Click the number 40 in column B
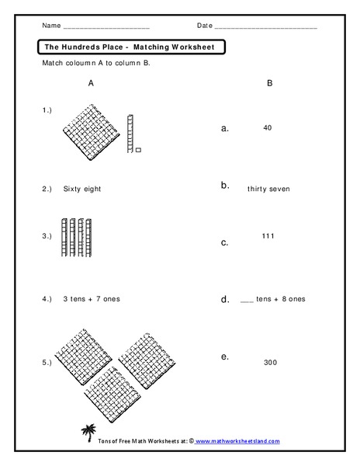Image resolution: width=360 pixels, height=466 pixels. point(267,127)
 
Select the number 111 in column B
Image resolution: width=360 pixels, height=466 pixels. point(269,235)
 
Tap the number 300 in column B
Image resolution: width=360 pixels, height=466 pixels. point(270,362)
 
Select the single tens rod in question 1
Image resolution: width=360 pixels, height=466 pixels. point(131,130)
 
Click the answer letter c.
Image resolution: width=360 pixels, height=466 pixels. point(224,242)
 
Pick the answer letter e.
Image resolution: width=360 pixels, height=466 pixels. point(224,356)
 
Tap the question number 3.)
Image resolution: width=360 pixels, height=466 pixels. point(47,235)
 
